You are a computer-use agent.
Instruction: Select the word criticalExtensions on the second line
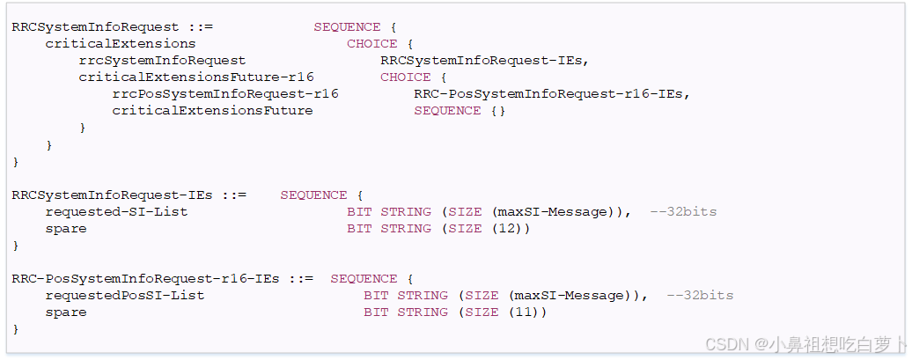pos(121,43)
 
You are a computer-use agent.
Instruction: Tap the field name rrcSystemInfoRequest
pos(162,60)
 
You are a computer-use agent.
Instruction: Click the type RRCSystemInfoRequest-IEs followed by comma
pos(484,60)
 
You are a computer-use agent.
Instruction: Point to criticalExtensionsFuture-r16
pos(195,77)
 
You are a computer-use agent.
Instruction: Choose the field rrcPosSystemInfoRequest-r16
pos(225,93)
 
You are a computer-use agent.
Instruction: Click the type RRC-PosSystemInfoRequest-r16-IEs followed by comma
pos(551,93)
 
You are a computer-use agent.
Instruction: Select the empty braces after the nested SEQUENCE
pos(498,110)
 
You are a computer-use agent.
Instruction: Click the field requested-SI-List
pos(116,211)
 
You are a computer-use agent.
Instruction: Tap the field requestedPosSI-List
pos(125,295)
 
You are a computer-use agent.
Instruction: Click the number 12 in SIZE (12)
pos(514,228)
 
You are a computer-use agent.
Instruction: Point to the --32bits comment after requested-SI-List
pos(683,211)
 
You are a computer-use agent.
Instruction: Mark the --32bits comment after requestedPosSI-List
pos(700,295)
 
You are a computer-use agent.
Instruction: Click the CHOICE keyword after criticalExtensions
pos(371,43)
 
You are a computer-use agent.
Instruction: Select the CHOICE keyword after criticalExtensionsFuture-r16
pos(405,77)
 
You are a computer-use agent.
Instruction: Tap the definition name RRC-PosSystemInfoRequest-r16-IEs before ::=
pos(145,278)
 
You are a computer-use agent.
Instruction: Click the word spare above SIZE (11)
pos(66,312)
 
